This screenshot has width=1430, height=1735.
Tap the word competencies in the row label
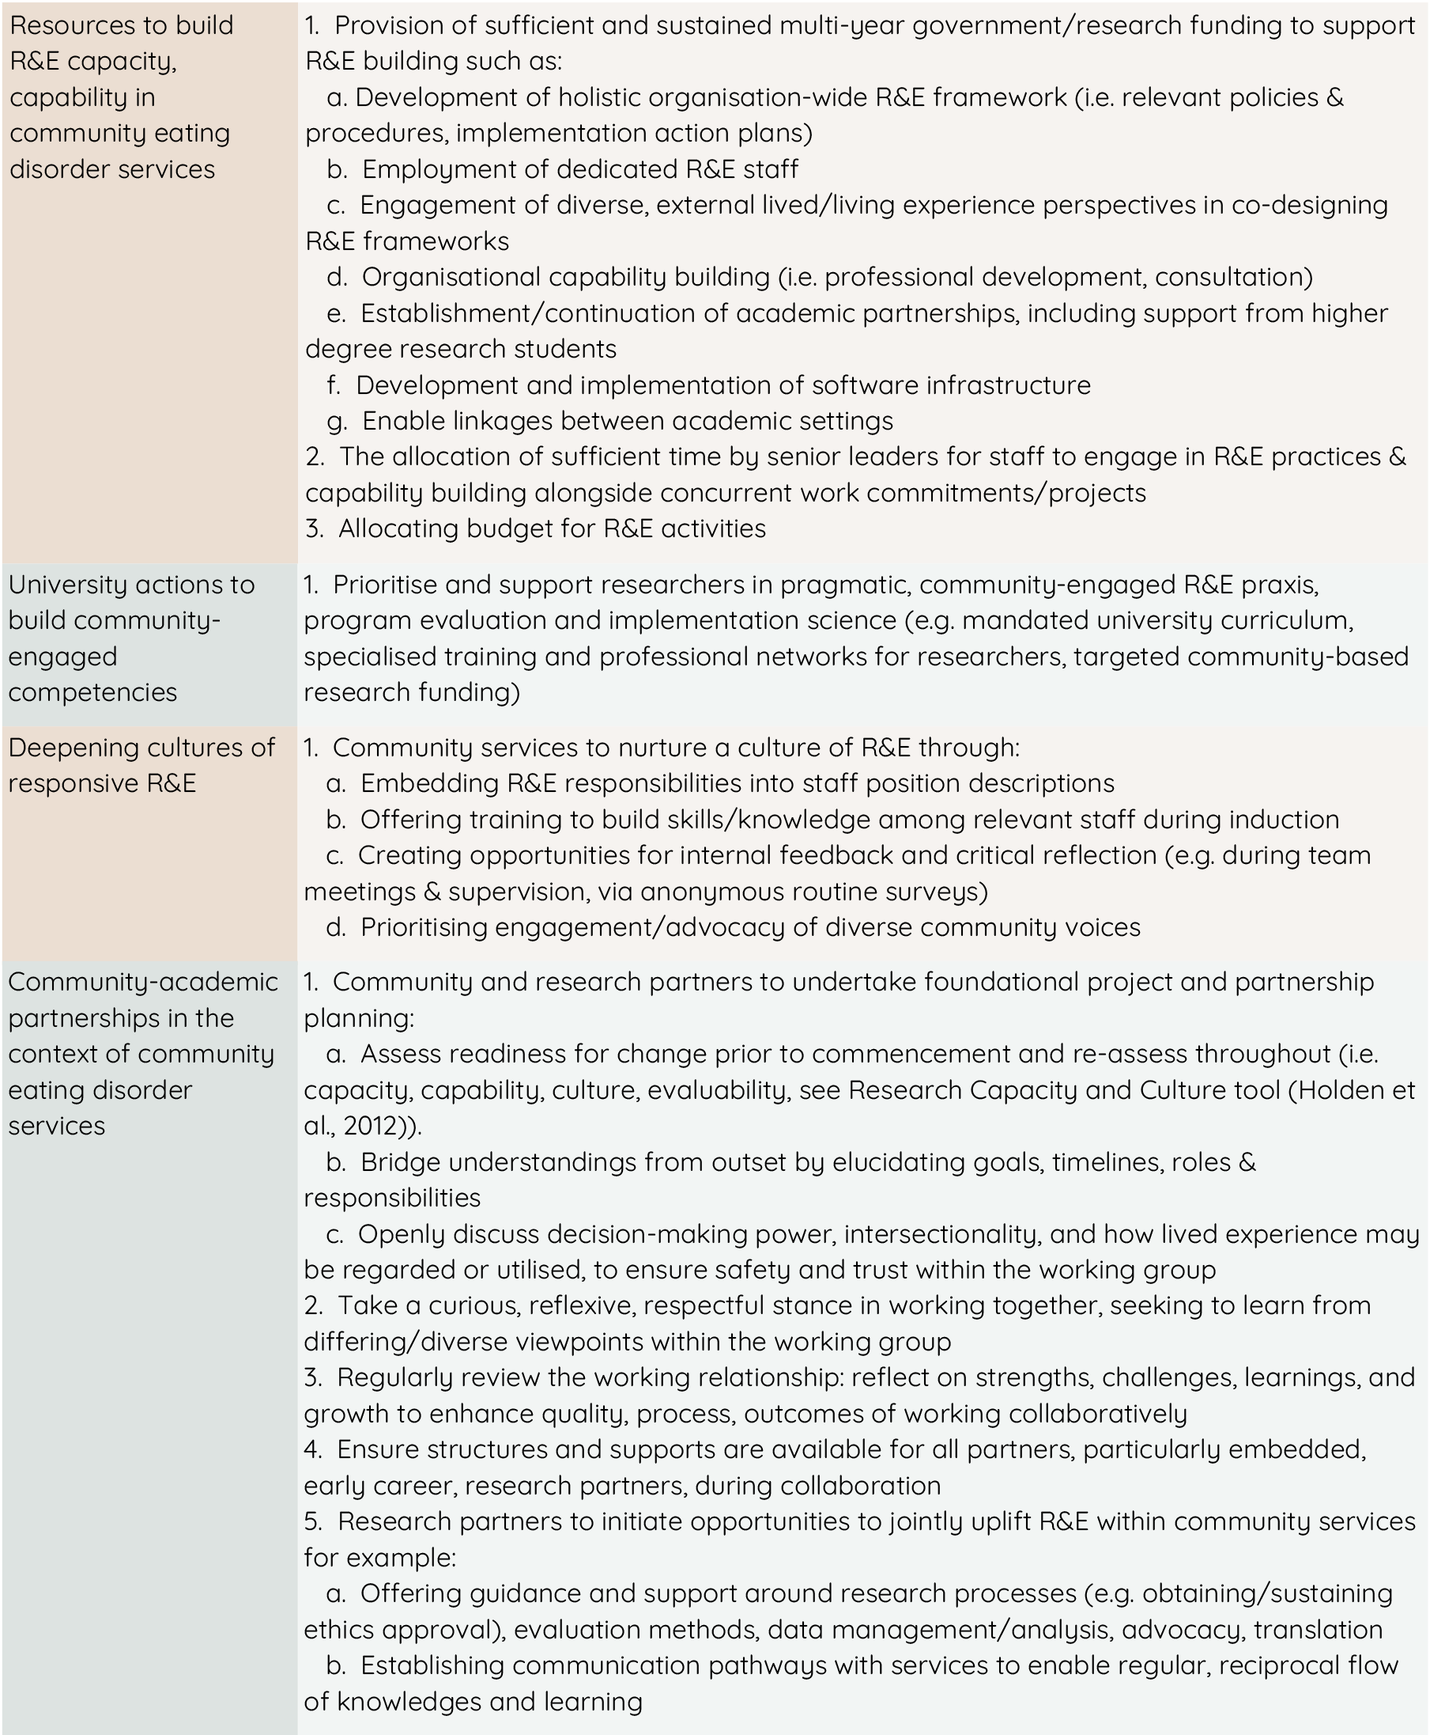[x=92, y=692]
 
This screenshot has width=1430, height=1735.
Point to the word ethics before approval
[x=340, y=1631]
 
